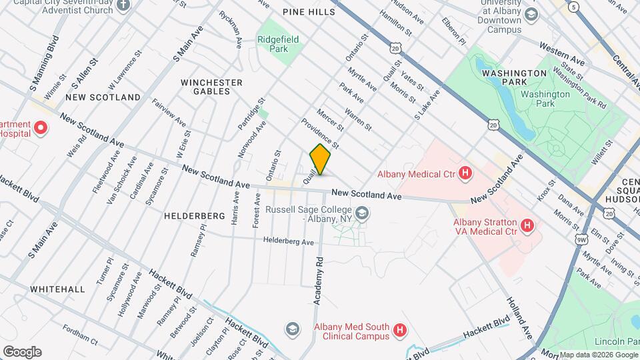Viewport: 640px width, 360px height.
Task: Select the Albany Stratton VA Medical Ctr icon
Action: coord(527,226)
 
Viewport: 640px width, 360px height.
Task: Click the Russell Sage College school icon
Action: coord(362,214)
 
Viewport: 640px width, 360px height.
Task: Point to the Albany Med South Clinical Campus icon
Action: coord(399,329)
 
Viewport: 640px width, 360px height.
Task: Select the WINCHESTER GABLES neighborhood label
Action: coord(212,87)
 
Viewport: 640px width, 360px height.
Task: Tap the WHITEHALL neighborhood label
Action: coord(57,289)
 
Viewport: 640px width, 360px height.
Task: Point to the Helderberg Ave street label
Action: coord(288,241)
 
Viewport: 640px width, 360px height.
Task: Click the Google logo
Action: coord(22,351)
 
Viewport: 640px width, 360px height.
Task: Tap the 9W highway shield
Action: coord(581,239)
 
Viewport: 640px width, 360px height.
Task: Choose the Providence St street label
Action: coord(320,133)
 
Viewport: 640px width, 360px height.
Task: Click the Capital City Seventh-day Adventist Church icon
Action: coord(122,5)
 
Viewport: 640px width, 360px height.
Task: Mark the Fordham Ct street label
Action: coord(80,334)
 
